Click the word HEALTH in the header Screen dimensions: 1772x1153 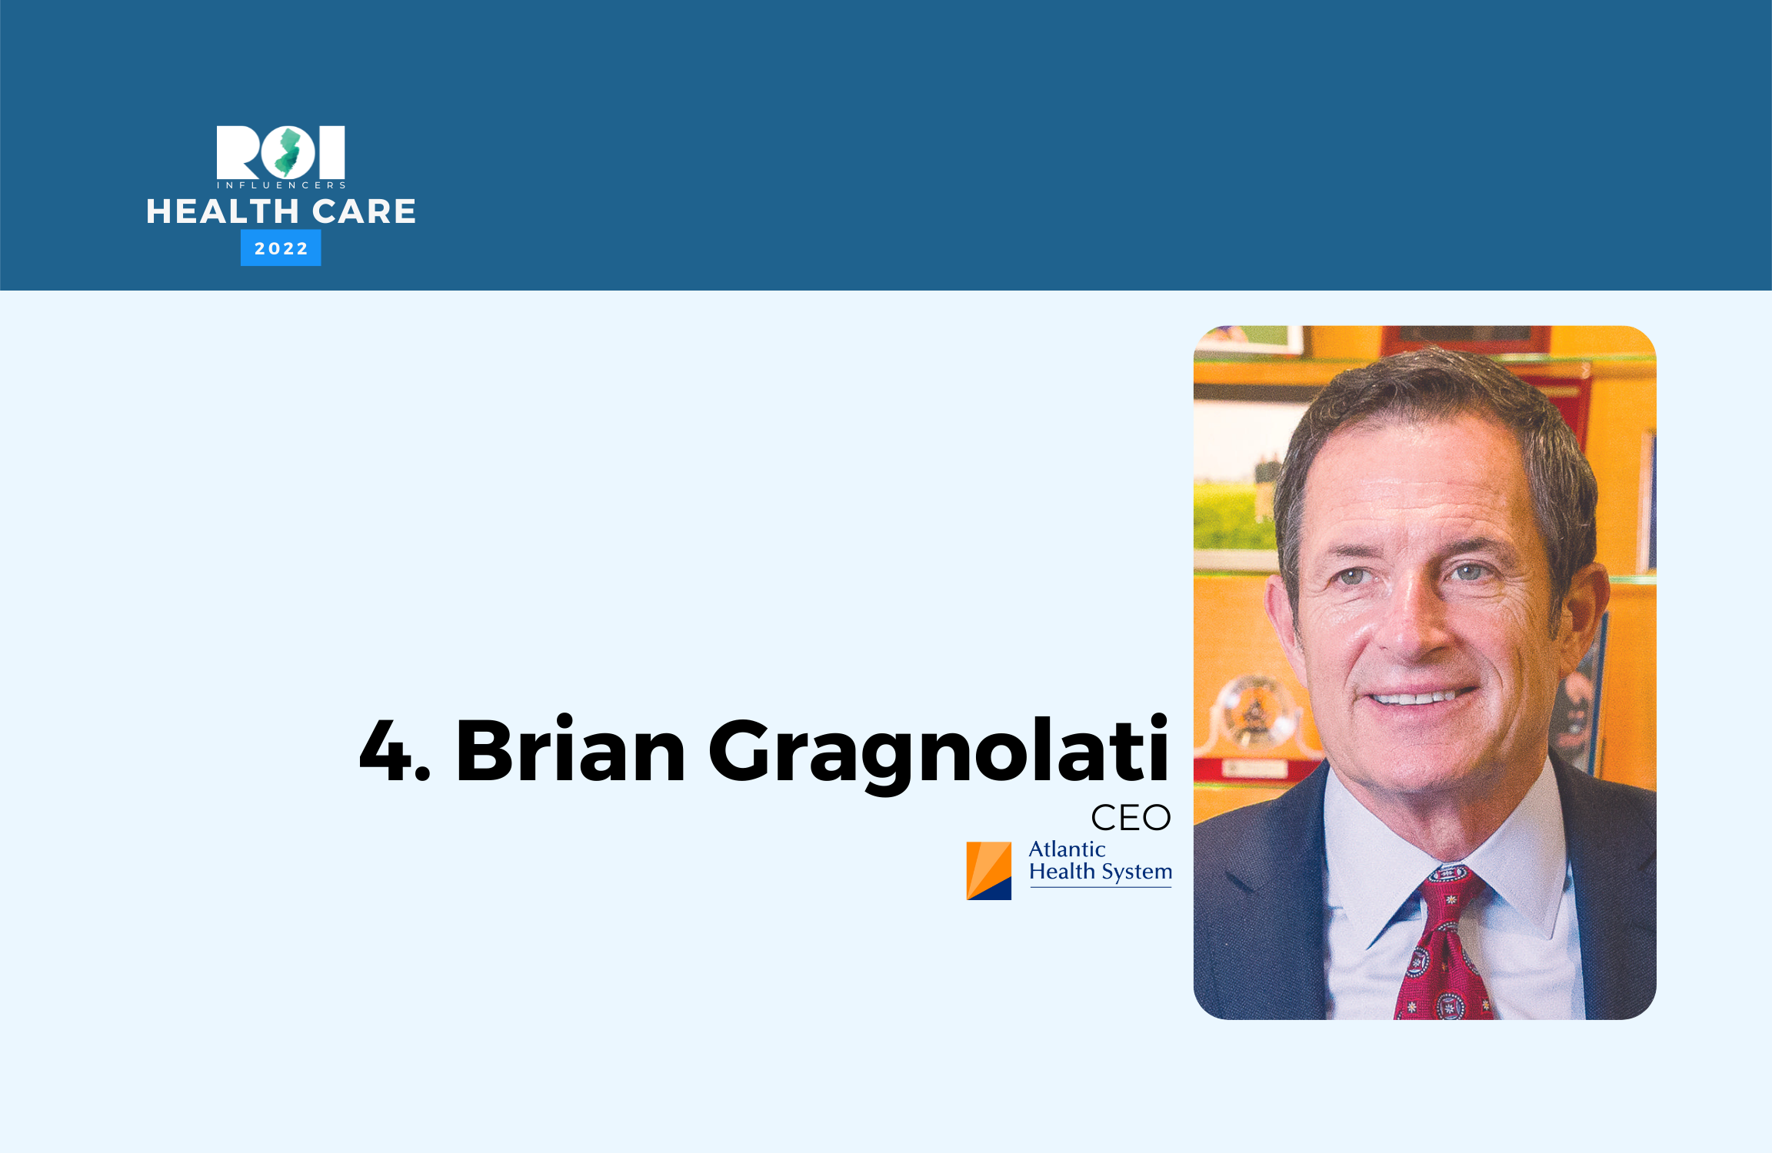(x=223, y=211)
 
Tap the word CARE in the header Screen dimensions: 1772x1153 (x=364, y=211)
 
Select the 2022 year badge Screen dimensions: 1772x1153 (x=281, y=248)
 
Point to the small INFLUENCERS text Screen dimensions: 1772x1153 (x=281, y=185)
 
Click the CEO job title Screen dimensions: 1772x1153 (x=1131, y=818)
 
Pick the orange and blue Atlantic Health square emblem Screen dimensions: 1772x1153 (x=989, y=871)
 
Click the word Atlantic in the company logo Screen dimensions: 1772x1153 (x=1067, y=849)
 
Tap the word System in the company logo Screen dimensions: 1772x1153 (x=1137, y=872)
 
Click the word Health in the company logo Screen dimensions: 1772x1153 (x=1062, y=872)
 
